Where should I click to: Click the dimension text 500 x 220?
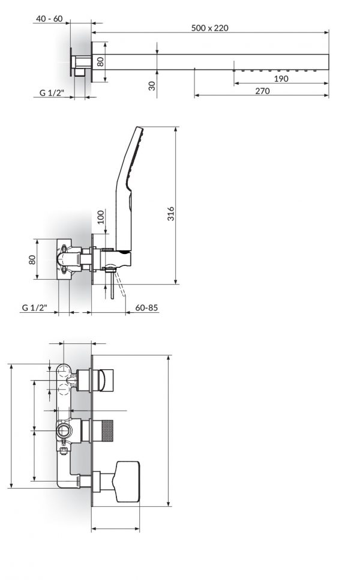(x=210, y=28)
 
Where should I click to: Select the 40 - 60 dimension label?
(x=49, y=19)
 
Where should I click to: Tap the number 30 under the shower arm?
(x=152, y=85)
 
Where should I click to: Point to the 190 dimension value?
(x=280, y=78)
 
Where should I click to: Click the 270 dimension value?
(x=262, y=91)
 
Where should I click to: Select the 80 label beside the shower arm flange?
(x=101, y=61)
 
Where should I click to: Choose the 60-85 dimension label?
(x=146, y=307)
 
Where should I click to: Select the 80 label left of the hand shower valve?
(x=33, y=259)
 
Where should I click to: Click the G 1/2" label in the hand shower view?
(x=34, y=307)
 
